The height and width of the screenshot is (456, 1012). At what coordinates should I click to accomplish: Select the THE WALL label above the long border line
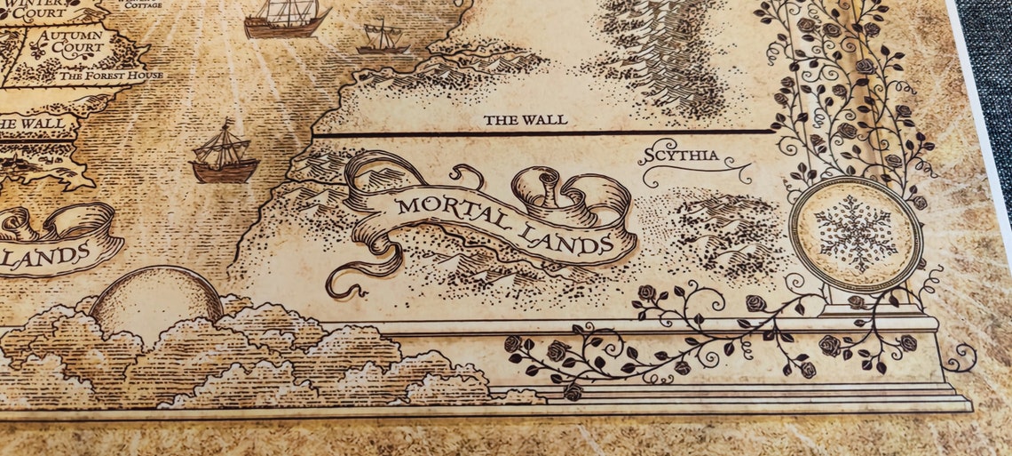point(525,119)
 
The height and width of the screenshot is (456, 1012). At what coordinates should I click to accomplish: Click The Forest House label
point(111,76)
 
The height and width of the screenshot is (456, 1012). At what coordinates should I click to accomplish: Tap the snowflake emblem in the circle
point(856,234)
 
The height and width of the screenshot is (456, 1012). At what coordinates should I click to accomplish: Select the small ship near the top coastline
point(383,37)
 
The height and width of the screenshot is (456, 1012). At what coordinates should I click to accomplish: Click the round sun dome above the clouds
point(156,293)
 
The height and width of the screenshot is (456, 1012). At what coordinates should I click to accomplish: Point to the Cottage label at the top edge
point(144,4)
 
